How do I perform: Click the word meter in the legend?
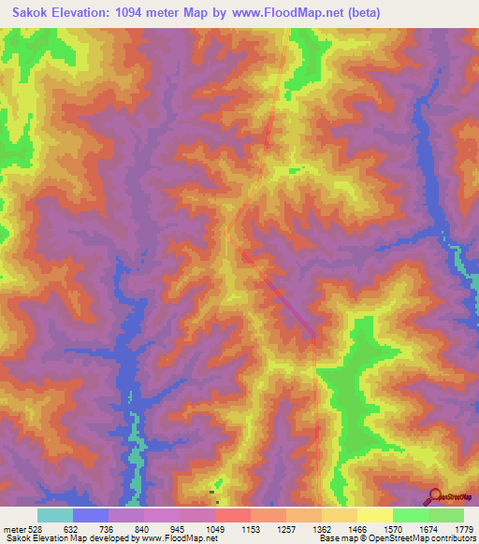point(14,529)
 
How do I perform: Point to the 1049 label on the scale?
point(215,529)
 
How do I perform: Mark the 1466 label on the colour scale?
point(357,529)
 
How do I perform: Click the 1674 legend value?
point(428,529)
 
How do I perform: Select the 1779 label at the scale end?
point(463,529)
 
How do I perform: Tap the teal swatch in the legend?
point(55,515)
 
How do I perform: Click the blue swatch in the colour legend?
point(91,515)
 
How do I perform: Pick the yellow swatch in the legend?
point(375,515)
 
